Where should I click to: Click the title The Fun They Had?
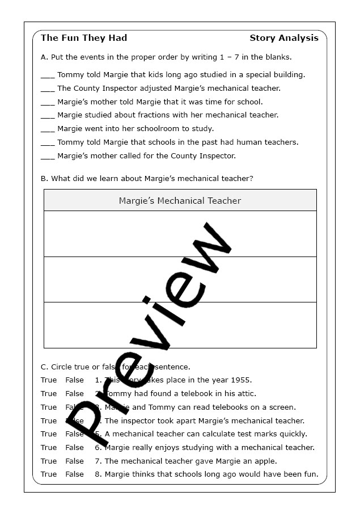(84, 38)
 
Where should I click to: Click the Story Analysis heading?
(283, 38)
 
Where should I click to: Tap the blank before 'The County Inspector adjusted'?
(48, 90)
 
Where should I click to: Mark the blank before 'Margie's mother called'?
(48, 157)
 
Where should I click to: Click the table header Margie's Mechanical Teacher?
(180, 200)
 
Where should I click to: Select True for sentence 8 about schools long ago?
(49, 474)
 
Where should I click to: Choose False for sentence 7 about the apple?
(74, 461)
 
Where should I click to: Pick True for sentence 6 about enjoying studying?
(49, 447)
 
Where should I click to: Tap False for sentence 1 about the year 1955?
(74, 380)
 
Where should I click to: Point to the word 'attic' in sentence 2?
(246, 393)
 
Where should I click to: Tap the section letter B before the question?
(44, 178)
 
